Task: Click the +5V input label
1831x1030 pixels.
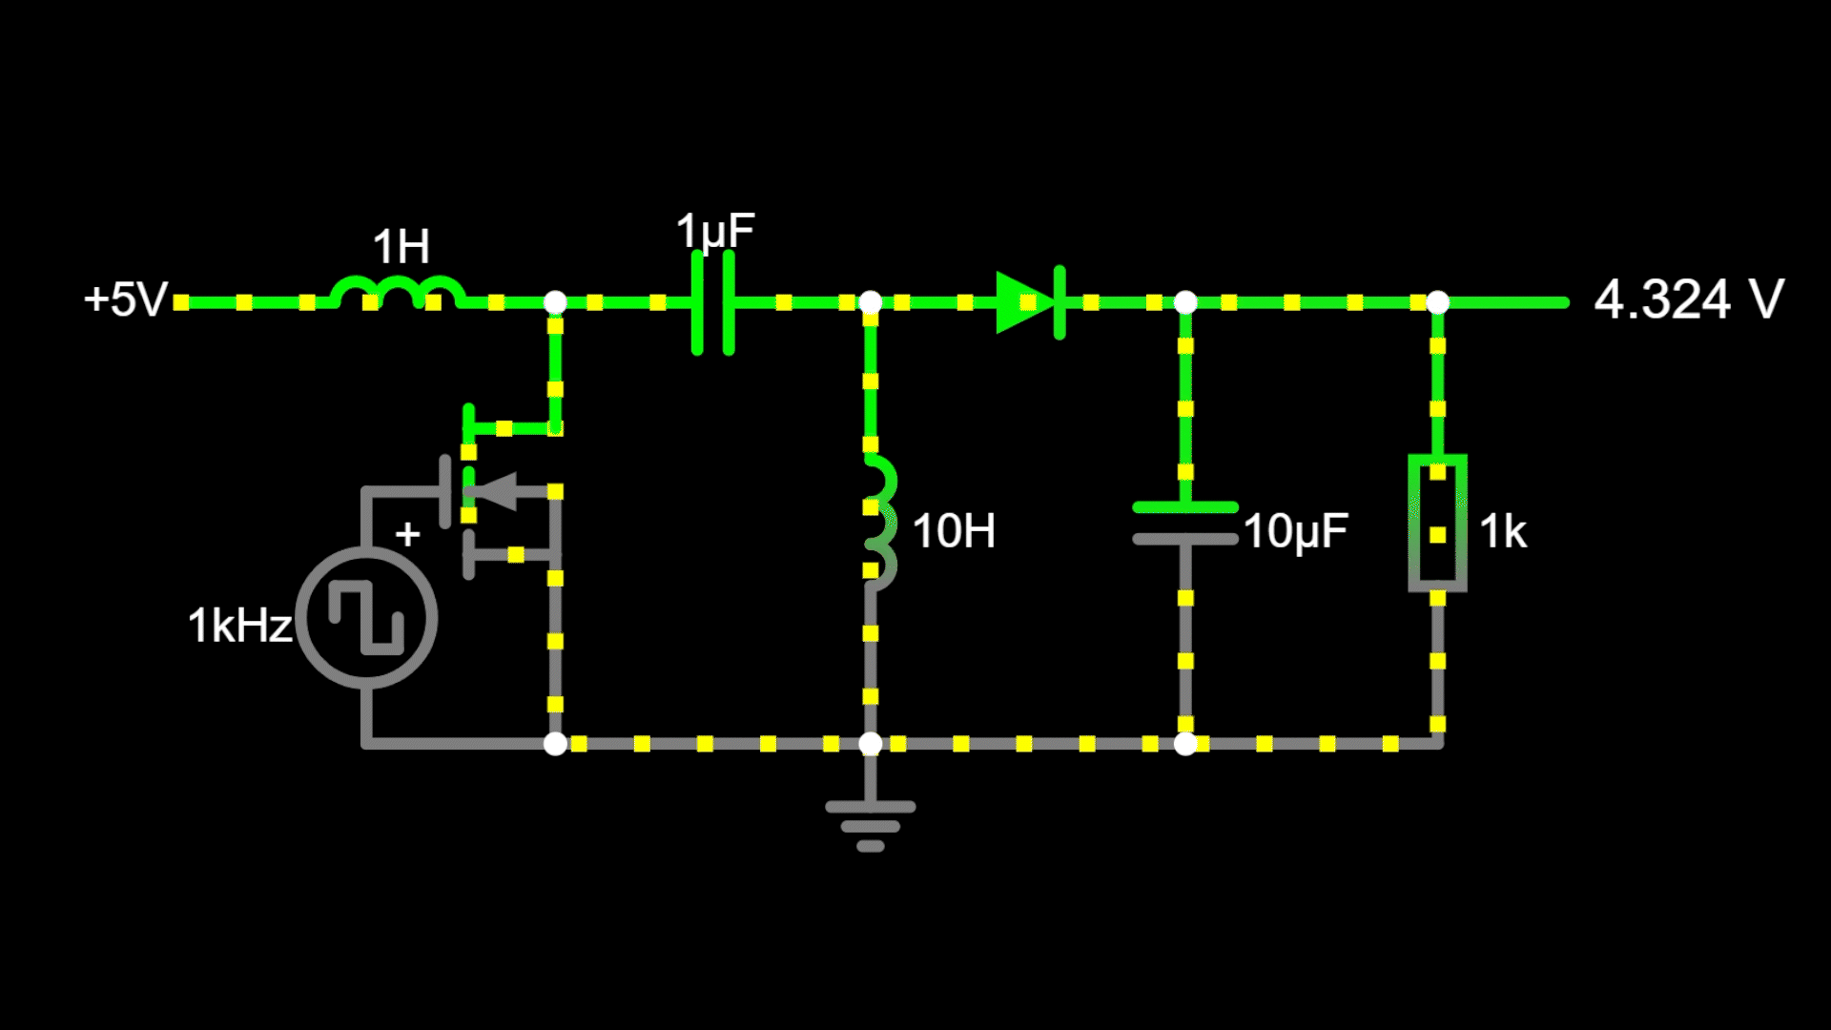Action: (126, 299)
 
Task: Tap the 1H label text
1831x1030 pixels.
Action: (401, 248)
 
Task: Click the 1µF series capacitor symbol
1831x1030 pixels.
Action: (713, 302)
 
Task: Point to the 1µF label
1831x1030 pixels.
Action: (715, 232)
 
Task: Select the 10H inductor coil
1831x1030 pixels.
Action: (879, 520)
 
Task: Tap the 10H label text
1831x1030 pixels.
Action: (954, 531)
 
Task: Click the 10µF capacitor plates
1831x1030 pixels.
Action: (1185, 523)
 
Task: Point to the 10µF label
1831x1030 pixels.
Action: (1295, 531)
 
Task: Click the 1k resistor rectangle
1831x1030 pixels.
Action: (1437, 523)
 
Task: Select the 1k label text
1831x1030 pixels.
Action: (1503, 531)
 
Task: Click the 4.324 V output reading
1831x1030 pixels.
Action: (1688, 299)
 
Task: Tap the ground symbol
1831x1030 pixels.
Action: (870, 823)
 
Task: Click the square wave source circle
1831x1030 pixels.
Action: (366, 617)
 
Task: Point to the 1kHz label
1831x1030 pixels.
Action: (239, 626)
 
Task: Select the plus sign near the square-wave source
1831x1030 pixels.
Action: (407, 534)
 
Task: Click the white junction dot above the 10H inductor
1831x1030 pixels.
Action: (870, 303)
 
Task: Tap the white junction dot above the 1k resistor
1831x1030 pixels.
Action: (1437, 303)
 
